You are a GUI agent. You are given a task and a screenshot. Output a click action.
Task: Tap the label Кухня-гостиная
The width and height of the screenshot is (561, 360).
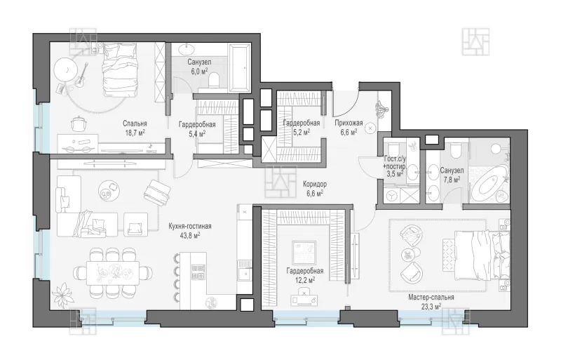click(190, 227)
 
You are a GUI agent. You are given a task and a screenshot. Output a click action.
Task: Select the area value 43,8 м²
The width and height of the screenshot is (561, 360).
click(190, 235)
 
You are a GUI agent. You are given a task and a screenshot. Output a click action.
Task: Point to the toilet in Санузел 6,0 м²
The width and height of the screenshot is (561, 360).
click(215, 79)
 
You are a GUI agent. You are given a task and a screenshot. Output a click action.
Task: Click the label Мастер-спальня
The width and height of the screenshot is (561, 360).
click(431, 298)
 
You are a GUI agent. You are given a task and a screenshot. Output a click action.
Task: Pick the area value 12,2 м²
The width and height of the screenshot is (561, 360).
click(305, 280)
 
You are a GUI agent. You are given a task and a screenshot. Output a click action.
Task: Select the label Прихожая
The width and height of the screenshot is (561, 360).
click(349, 123)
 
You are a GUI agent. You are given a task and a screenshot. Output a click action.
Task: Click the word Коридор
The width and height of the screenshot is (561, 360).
click(315, 184)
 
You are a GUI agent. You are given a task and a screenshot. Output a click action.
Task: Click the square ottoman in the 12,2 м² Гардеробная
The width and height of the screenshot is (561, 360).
click(304, 253)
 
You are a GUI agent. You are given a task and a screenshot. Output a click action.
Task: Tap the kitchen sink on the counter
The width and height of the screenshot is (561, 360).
click(245, 270)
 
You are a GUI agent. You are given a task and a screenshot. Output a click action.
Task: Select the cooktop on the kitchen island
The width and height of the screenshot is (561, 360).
click(198, 272)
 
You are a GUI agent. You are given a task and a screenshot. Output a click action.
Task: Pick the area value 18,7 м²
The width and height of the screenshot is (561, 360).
click(135, 132)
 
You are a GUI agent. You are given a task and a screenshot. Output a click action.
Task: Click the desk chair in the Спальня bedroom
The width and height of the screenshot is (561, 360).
click(79, 124)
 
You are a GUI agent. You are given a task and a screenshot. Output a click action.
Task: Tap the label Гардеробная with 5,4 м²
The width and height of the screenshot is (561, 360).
click(197, 125)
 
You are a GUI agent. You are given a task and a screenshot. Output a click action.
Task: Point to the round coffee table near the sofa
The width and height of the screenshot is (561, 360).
click(109, 191)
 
